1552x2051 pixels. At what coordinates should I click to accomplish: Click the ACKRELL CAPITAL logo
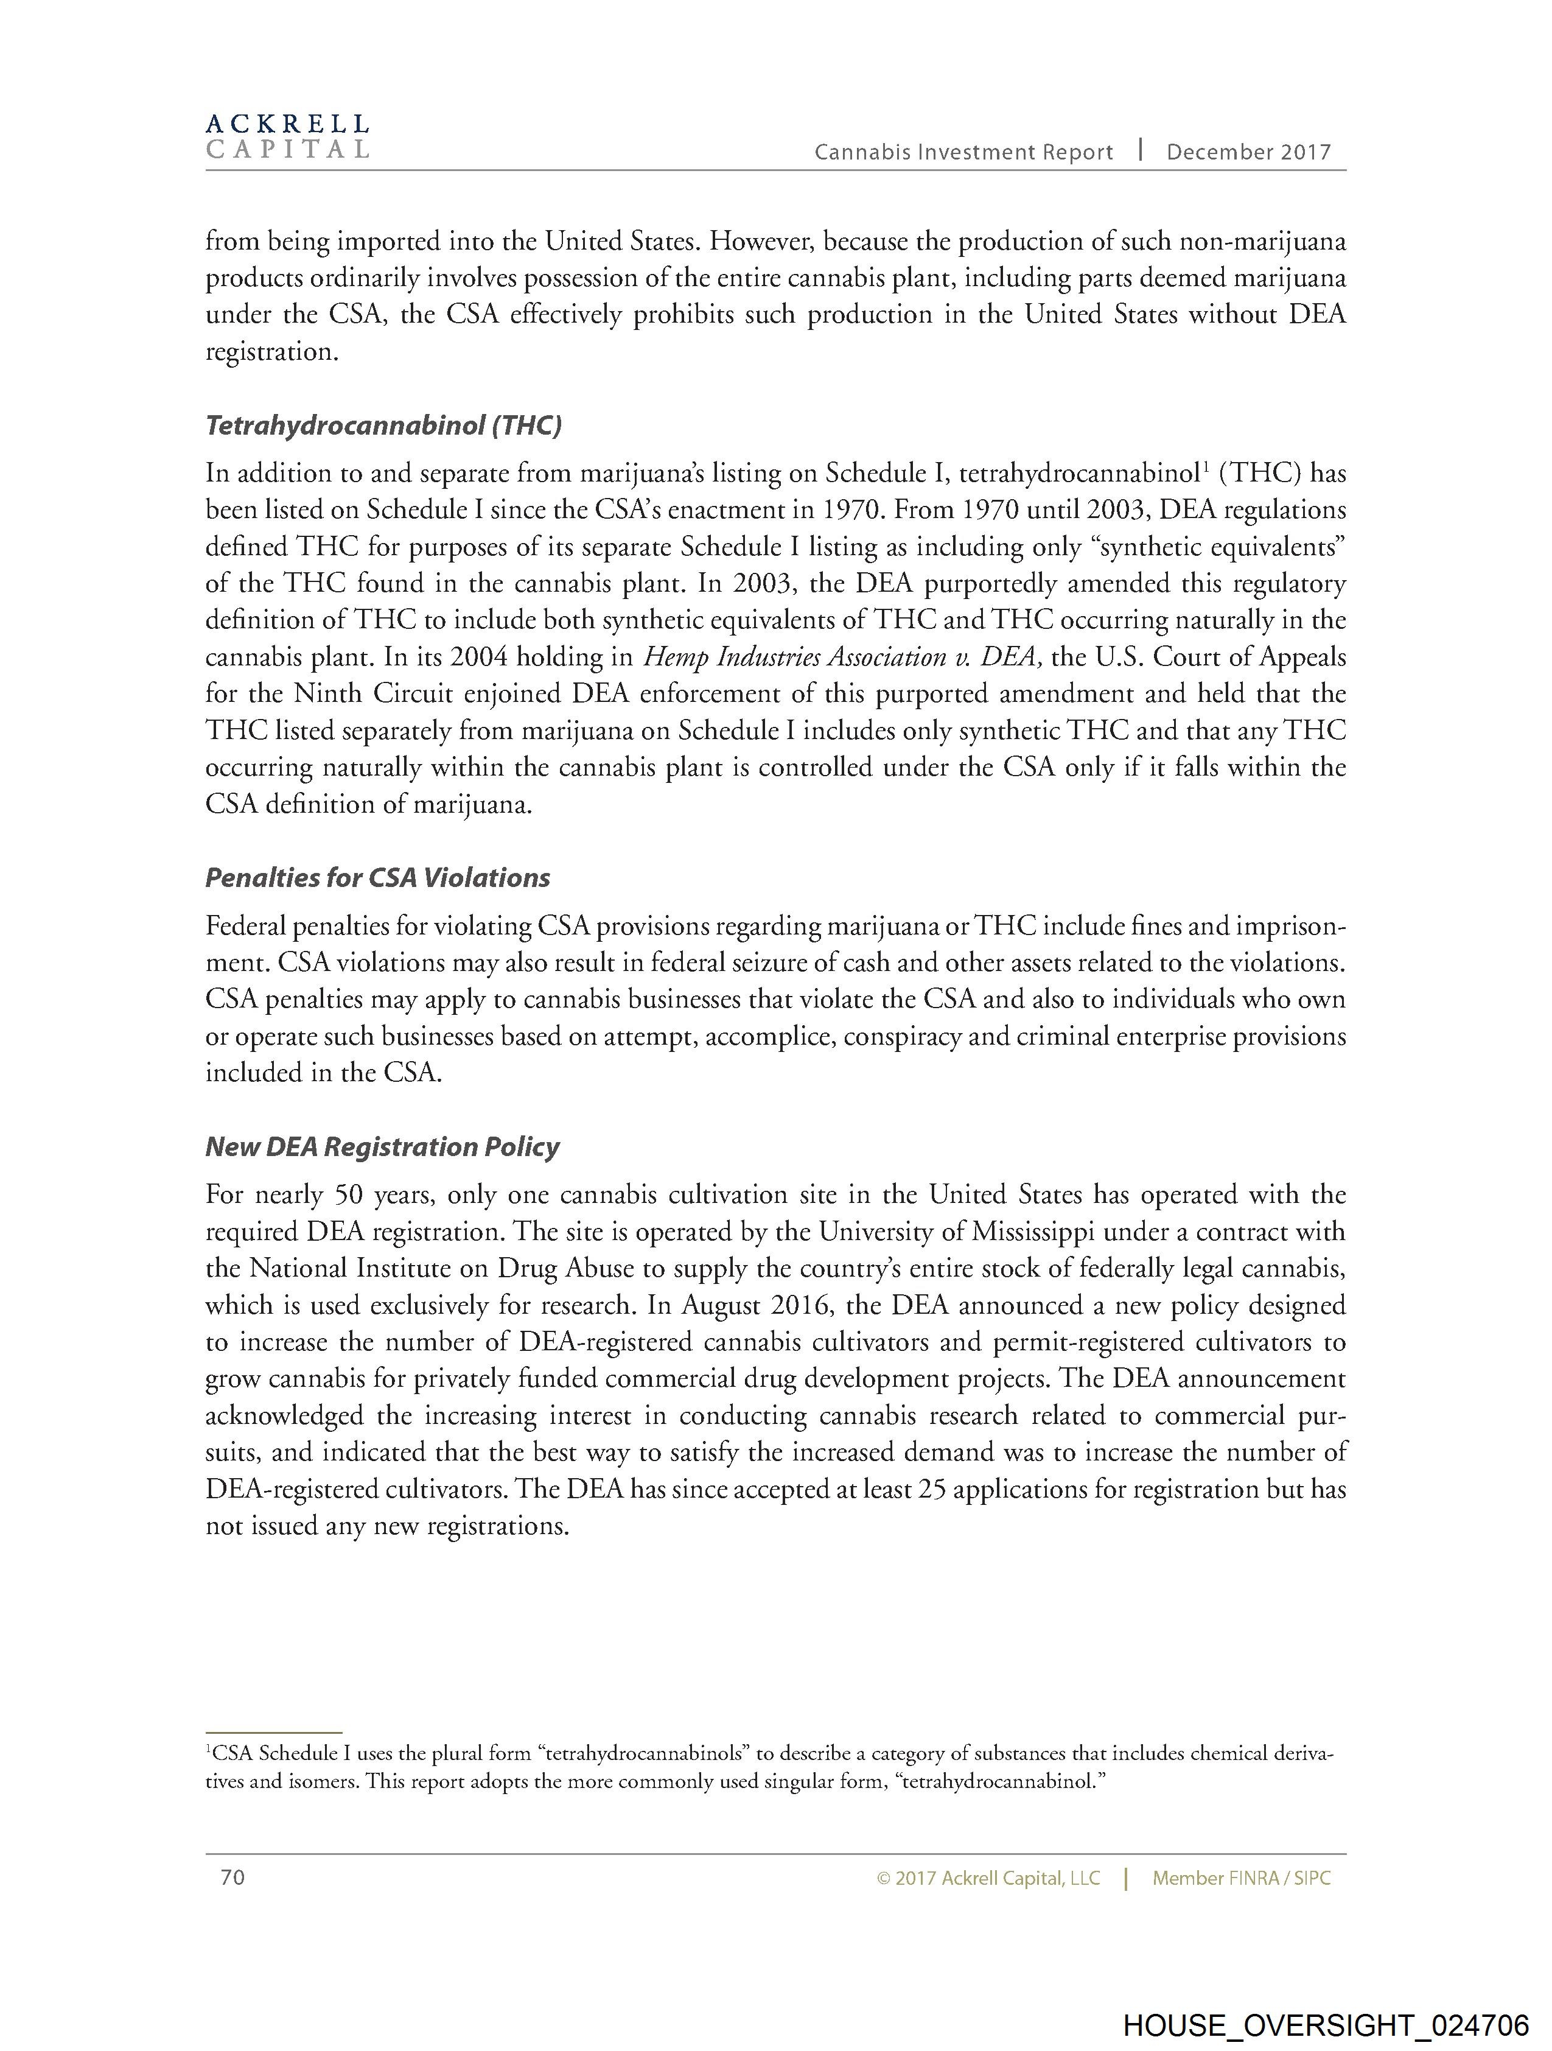click(287, 136)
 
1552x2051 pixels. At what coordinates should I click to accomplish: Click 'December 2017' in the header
click(1248, 153)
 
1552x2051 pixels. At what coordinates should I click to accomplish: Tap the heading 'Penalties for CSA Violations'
click(377, 878)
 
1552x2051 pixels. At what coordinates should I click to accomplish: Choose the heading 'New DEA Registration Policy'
click(382, 1147)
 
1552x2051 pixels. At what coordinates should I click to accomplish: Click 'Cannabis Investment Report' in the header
click(963, 153)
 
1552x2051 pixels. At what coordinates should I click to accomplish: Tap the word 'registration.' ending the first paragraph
click(269, 352)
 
